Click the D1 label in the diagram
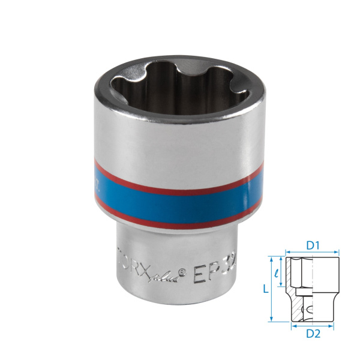[x=312, y=245]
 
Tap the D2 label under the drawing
[x=313, y=334]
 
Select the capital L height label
[x=264, y=289]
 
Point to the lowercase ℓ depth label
[x=277, y=273]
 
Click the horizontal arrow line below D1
[x=312, y=253]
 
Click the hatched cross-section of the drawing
[x=293, y=288]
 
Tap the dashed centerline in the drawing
[x=313, y=288]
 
